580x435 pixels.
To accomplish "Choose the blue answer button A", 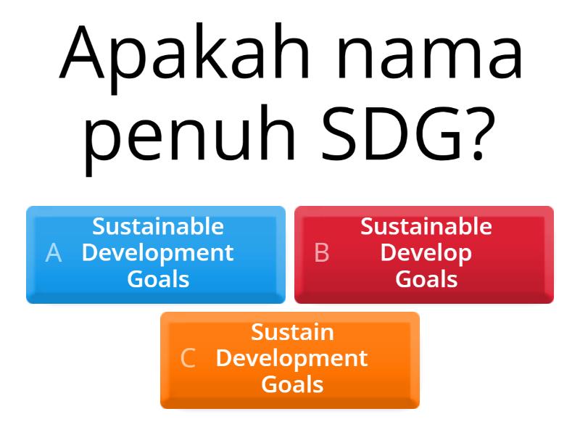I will [x=156, y=254].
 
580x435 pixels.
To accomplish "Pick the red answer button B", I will [x=424, y=254].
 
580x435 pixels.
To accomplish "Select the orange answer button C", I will [x=290, y=360].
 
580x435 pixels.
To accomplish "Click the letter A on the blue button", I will [x=53, y=253].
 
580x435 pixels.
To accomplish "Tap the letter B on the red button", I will [x=322, y=253].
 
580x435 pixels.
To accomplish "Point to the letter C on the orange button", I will [x=188, y=359].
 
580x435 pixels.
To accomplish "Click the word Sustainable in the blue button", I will [x=158, y=227].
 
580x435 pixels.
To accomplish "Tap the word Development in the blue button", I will [x=158, y=253].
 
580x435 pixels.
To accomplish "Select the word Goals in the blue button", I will [x=158, y=279].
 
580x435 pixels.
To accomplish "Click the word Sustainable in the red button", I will [x=426, y=227].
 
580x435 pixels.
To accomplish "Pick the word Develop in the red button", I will [x=426, y=254].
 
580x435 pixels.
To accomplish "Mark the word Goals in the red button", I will [x=426, y=279].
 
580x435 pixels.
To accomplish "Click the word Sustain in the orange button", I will [x=292, y=332].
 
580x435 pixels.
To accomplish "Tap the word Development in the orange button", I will [x=292, y=359].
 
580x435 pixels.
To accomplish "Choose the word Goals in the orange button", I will [x=292, y=384].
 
